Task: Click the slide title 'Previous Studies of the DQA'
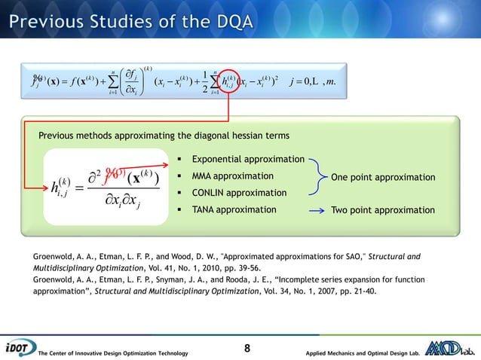131,16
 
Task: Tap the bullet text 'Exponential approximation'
247,160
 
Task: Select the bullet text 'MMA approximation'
233,176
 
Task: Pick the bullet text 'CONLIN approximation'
238,193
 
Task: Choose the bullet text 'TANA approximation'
234,209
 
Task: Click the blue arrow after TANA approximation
317,209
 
